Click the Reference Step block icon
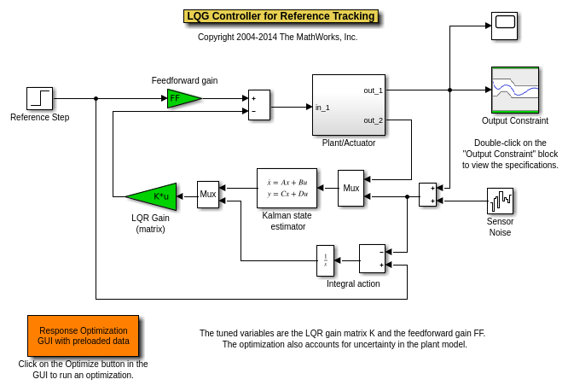(x=39, y=99)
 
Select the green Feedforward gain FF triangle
(x=181, y=98)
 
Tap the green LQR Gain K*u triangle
(x=154, y=196)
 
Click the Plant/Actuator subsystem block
(x=348, y=105)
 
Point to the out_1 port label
(x=373, y=90)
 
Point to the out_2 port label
(x=373, y=120)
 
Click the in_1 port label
(x=322, y=108)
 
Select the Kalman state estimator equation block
(x=287, y=188)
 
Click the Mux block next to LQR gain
(x=208, y=195)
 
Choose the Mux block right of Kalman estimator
(x=351, y=188)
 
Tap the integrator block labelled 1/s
(x=325, y=260)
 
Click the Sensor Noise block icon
(x=500, y=201)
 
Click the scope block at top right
(x=504, y=26)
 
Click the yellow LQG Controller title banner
(x=281, y=16)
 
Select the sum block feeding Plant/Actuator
(x=258, y=104)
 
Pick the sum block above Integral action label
(x=372, y=259)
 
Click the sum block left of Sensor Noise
(x=427, y=195)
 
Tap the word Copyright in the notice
(x=217, y=37)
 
